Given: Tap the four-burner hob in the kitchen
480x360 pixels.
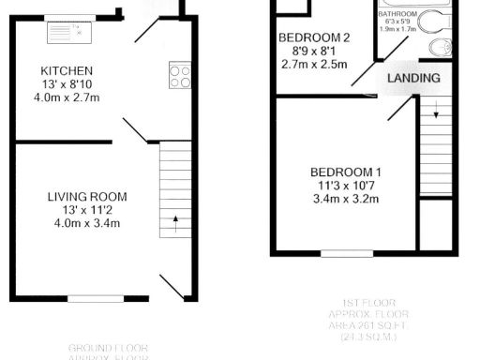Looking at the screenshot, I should pos(179,75).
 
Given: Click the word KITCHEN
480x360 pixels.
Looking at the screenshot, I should pos(66,71).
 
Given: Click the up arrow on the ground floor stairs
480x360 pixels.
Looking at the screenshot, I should pos(174,224).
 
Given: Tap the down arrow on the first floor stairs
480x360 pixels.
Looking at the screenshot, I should pos(436,115).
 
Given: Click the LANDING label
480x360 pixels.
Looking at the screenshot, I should pos(413,79).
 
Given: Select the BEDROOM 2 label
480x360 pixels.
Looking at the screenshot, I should pos(315,38).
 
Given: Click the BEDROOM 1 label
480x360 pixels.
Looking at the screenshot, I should pos(347,172).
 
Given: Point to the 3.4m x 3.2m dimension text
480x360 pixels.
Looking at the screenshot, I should pos(347,199).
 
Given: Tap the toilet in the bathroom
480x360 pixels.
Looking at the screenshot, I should pos(437,48).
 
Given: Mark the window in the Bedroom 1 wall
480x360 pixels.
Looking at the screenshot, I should pos(347,253).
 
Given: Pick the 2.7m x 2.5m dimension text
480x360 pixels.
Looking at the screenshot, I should pos(315,65).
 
